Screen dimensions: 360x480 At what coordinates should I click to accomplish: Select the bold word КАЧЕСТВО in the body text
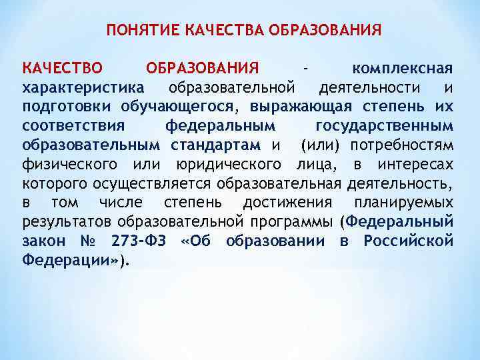[62, 69]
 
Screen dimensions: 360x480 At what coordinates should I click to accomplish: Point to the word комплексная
[403, 69]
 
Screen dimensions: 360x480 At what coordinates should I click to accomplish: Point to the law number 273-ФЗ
[137, 240]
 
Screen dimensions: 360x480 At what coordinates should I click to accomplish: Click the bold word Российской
[409, 240]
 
